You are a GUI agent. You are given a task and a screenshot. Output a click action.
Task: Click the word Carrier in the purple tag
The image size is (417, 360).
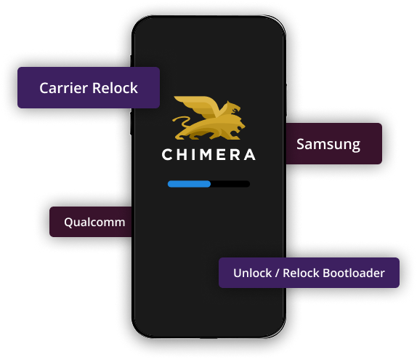click(x=63, y=88)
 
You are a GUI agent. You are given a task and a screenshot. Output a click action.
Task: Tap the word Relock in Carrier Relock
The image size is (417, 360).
click(x=115, y=88)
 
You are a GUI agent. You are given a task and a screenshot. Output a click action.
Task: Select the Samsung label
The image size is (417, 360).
click(x=328, y=144)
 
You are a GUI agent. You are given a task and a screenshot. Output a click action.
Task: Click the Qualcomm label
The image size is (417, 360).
click(x=94, y=222)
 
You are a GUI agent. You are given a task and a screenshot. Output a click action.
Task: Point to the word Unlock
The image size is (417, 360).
click(x=253, y=273)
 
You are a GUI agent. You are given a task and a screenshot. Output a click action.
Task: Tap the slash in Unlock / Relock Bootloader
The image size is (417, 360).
click(x=278, y=273)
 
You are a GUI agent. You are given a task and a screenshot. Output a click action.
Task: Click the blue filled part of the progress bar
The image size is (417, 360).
click(x=189, y=184)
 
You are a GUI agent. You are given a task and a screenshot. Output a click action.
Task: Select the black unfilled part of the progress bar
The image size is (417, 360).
click(x=230, y=184)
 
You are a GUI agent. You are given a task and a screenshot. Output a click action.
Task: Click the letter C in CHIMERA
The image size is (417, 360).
click(x=167, y=154)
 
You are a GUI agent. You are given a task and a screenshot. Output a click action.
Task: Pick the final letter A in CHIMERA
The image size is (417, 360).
click(x=250, y=154)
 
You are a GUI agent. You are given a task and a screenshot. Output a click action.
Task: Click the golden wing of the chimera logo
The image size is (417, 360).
click(x=197, y=105)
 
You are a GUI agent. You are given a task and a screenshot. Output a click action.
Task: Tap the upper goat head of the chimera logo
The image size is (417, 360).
click(x=233, y=108)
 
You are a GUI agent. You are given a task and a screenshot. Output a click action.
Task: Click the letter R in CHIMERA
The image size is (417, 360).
click(x=235, y=154)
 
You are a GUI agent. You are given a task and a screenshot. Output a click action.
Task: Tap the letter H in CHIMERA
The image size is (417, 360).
click(x=182, y=154)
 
